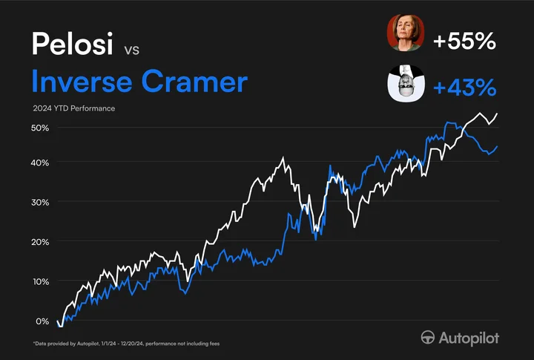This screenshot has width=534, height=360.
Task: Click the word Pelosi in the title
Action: [x=72, y=43]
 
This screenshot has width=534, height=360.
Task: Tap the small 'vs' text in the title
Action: [x=132, y=50]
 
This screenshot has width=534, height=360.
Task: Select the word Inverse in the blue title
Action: [x=82, y=81]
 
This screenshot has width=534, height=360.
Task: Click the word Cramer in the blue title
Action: [x=194, y=81]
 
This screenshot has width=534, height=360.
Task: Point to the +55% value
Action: [x=464, y=42]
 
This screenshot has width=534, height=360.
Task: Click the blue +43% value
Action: [x=464, y=88]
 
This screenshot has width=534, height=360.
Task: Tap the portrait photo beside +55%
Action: [x=406, y=33]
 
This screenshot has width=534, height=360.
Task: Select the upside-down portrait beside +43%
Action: [x=406, y=83]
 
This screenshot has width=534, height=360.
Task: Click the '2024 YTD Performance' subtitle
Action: [x=74, y=108]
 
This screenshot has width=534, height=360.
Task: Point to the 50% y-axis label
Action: [x=40, y=128]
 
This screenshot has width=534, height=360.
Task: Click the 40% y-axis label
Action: [x=40, y=163]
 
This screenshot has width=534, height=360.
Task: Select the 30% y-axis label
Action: [x=40, y=203]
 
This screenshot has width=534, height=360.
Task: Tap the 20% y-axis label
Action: [x=40, y=242]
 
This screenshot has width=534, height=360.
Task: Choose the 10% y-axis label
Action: [x=40, y=282]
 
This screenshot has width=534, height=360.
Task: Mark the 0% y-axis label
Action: [x=42, y=321]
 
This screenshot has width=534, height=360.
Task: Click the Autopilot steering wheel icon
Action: [x=428, y=338]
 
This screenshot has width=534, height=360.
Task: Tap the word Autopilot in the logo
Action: [x=469, y=338]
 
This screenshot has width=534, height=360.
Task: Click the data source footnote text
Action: [x=126, y=344]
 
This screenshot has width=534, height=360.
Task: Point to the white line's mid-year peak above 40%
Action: [x=283, y=158]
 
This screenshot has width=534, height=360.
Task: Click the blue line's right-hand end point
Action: [x=497, y=146]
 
